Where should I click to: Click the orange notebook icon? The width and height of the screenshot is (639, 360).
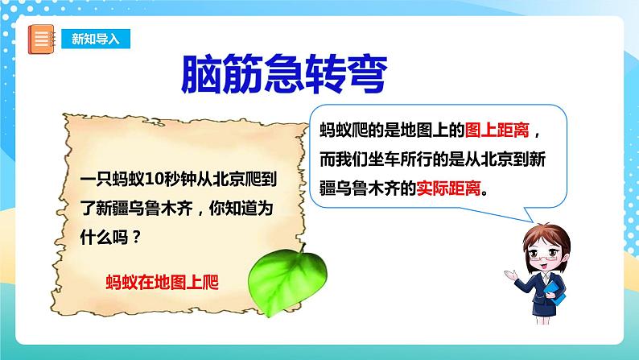[40, 39]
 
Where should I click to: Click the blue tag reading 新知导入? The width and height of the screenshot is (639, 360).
[94, 39]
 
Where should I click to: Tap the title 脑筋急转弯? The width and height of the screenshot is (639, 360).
[282, 76]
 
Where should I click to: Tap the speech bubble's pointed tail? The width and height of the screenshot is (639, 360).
[527, 214]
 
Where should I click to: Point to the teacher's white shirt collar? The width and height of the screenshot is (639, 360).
[554, 278]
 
